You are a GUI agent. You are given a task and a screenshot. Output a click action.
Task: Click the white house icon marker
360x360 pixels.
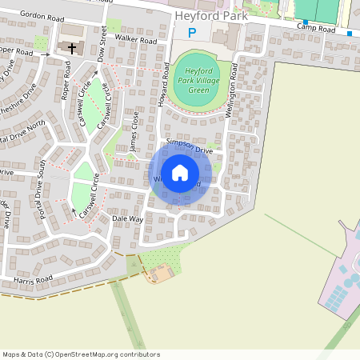click(180, 172)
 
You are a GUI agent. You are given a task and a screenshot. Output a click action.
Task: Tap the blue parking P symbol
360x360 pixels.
click(190, 33)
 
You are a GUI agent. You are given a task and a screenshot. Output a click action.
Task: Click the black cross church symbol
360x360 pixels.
click(72, 48)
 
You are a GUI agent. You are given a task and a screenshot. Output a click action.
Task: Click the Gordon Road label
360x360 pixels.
click(41, 15)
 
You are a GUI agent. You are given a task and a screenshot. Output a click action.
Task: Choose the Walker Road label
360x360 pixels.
click(135, 38)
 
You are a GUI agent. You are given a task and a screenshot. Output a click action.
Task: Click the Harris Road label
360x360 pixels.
click(33, 280)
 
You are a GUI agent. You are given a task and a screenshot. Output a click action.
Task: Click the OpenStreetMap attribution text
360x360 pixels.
click(80, 354)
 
